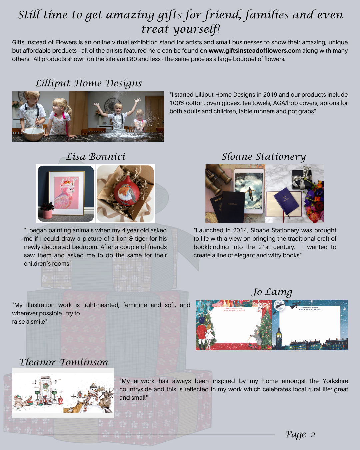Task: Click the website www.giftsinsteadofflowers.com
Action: coord(255,51)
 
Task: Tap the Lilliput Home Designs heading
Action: coord(88,83)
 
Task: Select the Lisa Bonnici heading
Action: coord(96,157)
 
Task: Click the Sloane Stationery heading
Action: coord(264,157)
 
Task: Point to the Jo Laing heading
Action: coord(272,292)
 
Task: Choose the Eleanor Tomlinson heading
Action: coord(64,362)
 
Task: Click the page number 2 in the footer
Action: coord(313,435)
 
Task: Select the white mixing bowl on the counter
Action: coord(33,133)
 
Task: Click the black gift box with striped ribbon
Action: coord(302,177)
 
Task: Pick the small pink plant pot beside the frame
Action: coord(47,214)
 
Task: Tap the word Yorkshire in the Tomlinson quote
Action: coord(335,381)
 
